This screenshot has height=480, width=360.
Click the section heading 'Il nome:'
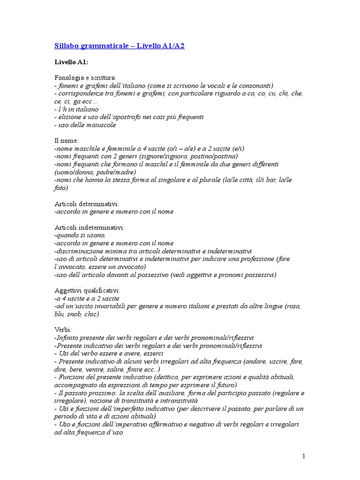67,140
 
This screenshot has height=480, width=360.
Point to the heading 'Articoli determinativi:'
87,204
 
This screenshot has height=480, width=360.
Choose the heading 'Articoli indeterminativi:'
90,227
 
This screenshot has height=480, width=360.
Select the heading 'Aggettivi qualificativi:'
88,290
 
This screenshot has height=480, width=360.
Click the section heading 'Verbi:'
63,330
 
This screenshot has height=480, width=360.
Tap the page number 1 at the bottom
304,456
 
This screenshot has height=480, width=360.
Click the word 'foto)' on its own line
61,188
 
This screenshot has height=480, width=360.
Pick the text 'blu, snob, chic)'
77,314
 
